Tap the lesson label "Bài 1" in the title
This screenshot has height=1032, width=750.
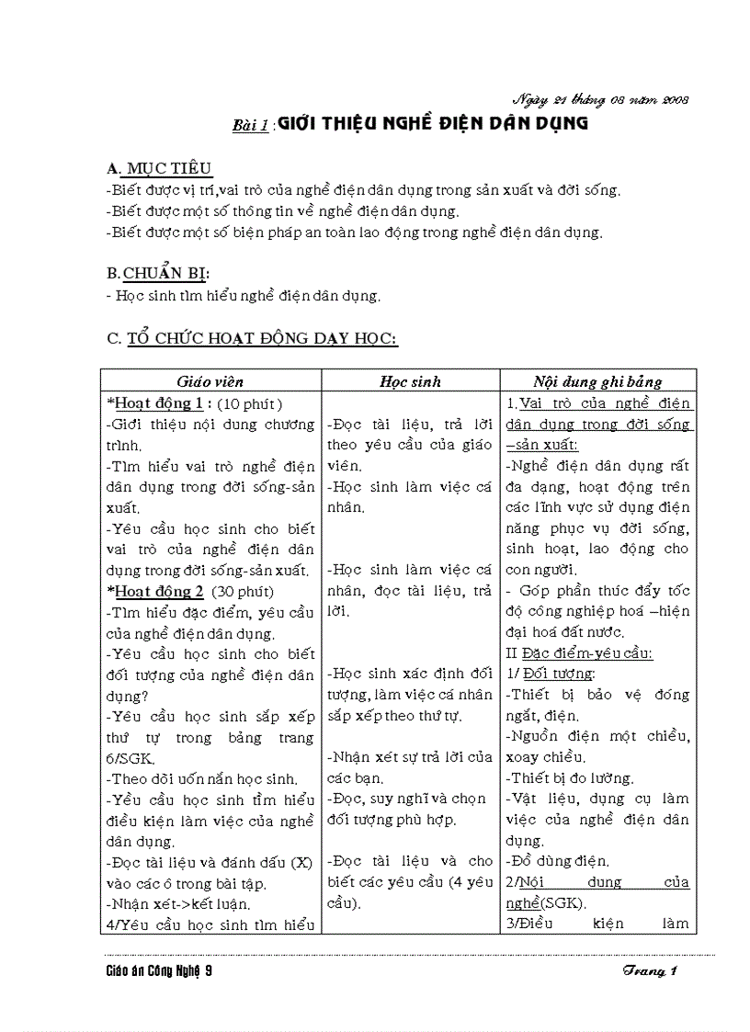tap(249, 126)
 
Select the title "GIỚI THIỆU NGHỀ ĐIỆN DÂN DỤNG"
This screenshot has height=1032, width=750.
tap(432, 124)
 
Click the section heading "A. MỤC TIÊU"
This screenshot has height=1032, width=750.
tap(159, 168)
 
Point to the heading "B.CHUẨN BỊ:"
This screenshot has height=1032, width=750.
tap(158, 273)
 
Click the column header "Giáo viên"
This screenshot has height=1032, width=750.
tap(210, 381)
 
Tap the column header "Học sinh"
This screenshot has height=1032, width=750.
tap(410, 381)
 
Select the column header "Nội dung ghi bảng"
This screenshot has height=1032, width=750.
tap(597, 381)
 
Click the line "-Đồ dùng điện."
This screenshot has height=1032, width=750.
tap(558, 861)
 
